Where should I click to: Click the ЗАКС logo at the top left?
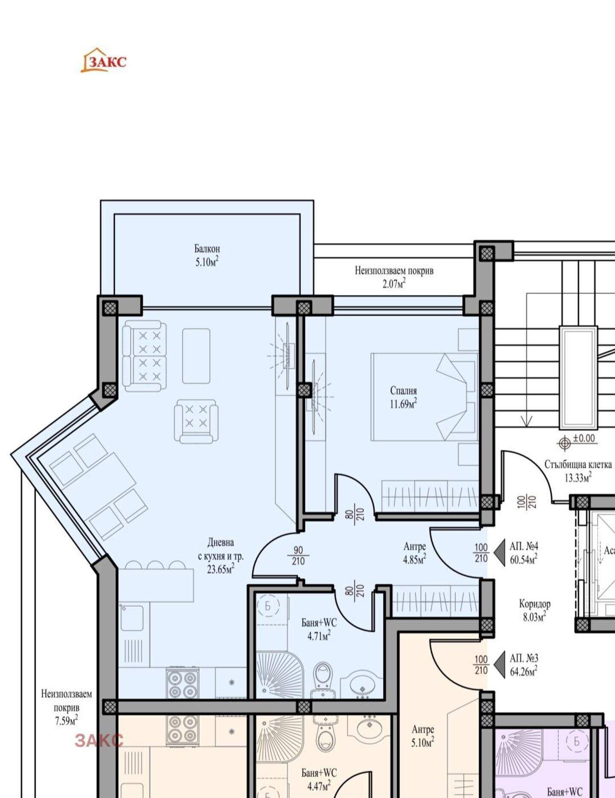click(104, 60)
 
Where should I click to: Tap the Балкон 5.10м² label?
click(207, 255)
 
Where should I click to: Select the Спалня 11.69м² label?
click(404, 397)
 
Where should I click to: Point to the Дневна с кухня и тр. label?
click(221, 555)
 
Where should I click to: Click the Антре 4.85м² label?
click(415, 553)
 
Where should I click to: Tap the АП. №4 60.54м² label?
click(524, 552)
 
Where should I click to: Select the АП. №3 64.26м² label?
click(524, 665)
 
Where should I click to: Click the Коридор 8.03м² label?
click(535, 610)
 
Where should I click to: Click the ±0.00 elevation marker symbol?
click(565, 443)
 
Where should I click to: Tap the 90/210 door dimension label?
click(298, 556)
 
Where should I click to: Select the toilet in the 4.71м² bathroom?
click(322, 680)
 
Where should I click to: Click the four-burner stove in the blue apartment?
click(182, 683)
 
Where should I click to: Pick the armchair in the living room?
click(196, 421)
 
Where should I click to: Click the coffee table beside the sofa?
click(196, 356)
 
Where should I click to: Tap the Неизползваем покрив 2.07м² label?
click(394, 277)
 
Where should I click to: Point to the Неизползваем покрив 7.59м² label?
click(66, 707)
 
